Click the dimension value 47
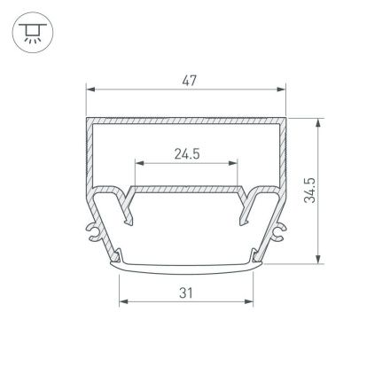[x=188, y=80]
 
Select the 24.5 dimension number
[x=186, y=154]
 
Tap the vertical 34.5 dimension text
[x=309, y=191]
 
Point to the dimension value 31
[x=186, y=292]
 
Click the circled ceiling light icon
[x=33, y=34]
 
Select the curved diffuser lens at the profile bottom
[x=186, y=263]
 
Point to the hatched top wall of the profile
[x=186, y=120]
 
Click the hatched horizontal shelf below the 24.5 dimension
[x=186, y=189]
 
